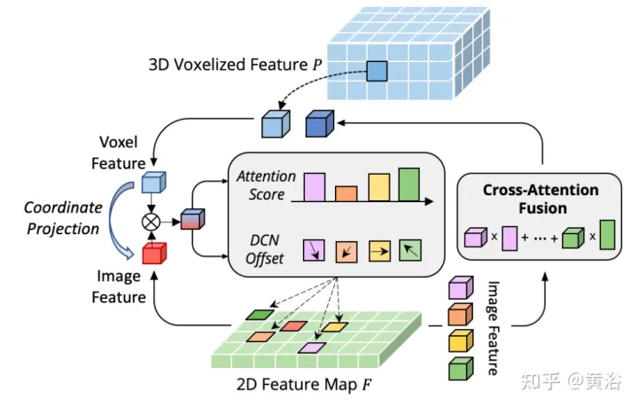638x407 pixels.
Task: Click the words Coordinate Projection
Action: [x=63, y=219]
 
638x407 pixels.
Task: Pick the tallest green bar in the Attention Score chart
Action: [x=408, y=184]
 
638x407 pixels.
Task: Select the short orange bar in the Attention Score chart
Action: [x=346, y=193]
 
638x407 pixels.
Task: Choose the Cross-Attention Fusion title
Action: [x=540, y=199]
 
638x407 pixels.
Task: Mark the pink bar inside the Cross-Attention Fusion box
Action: [x=510, y=238]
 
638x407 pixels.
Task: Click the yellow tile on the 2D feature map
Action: [x=335, y=326]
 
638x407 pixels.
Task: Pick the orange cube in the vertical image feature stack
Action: [x=460, y=313]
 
